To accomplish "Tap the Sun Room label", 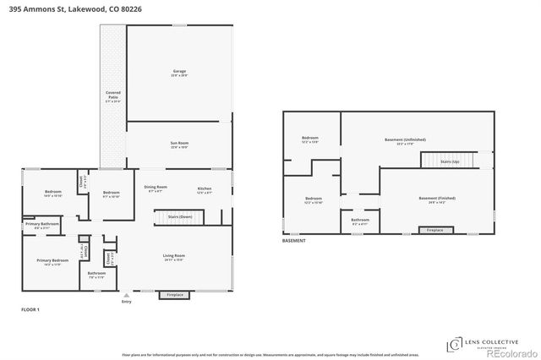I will (x=179, y=145).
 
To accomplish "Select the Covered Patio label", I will (x=112, y=95).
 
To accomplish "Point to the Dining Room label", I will (x=156, y=188).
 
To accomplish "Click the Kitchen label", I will (x=204, y=188).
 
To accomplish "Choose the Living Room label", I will (x=174, y=256).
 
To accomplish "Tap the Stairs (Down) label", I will (x=172, y=218).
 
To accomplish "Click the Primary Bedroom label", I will (x=52, y=262).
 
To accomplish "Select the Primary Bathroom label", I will (x=48, y=226).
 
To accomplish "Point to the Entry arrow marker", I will (x=127, y=295).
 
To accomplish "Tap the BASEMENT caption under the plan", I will (x=294, y=241).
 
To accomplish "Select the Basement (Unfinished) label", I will (x=400, y=140).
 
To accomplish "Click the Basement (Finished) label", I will (x=437, y=199).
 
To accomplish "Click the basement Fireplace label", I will (x=434, y=230).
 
